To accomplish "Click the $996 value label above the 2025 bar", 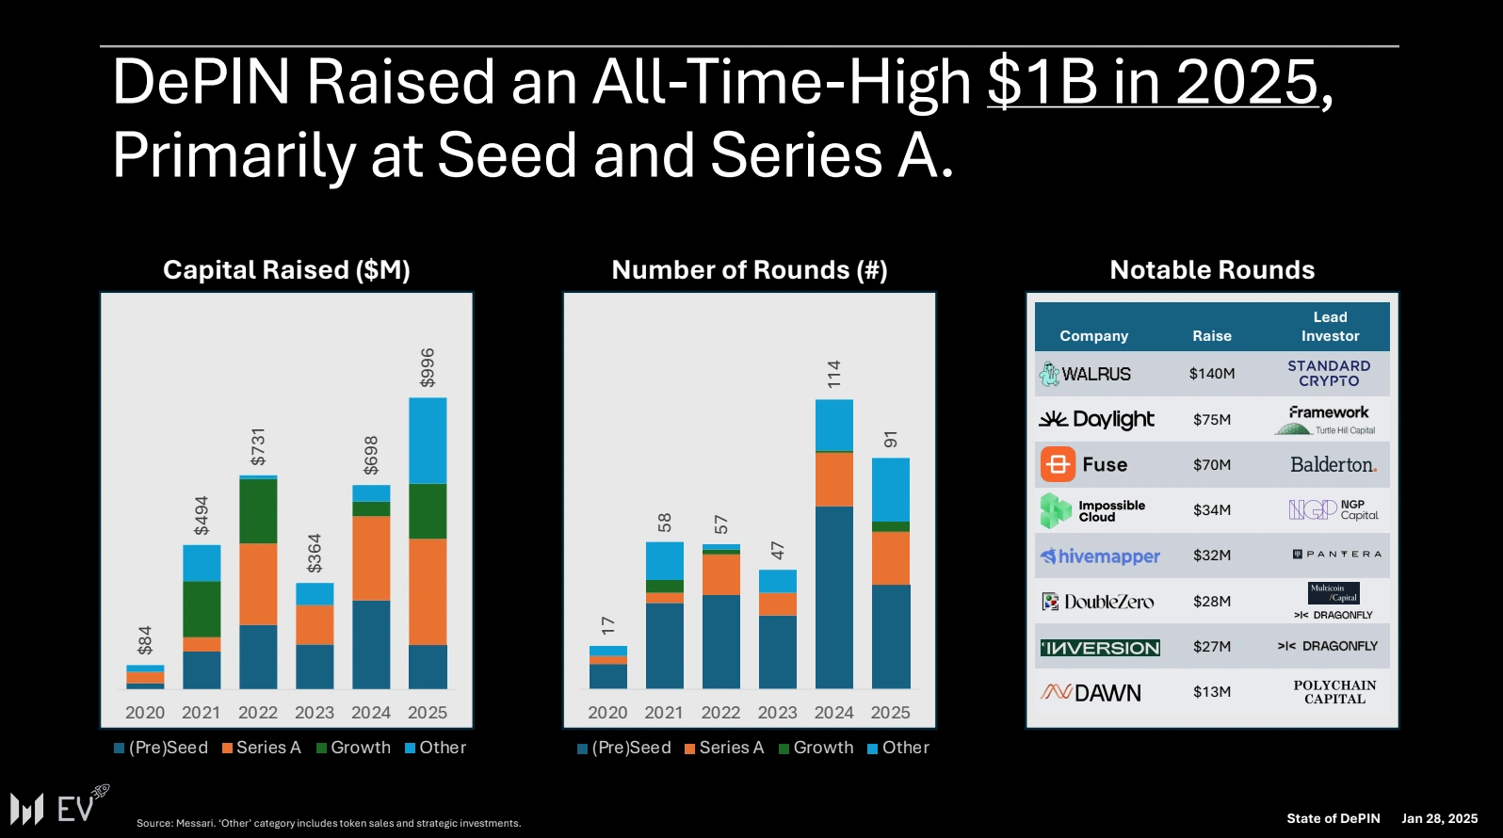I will tap(428, 367).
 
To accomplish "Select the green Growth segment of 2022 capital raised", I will tap(258, 510).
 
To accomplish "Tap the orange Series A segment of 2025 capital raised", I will tap(428, 591).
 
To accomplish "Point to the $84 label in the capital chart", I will tap(145, 640).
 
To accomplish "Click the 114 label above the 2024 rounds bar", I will tap(834, 374).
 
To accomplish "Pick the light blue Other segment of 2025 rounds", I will tap(891, 490).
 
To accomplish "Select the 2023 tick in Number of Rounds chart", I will tap(777, 713).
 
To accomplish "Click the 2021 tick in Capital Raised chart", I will tap(201, 713).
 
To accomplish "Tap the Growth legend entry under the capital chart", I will tap(354, 748).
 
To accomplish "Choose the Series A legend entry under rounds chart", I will tap(724, 748).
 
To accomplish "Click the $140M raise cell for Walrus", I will tap(1212, 374).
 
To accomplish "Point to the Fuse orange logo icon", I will tap(1058, 464).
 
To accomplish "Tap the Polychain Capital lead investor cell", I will tap(1334, 692).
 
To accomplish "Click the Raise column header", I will tap(1212, 336).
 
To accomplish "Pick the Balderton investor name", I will tap(1333, 465).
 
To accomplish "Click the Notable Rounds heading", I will tap(1212, 270).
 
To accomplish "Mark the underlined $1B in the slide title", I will tap(1041, 82).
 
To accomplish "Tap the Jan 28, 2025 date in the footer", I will tap(1439, 818).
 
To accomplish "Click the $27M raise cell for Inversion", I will tap(1212, 647).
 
